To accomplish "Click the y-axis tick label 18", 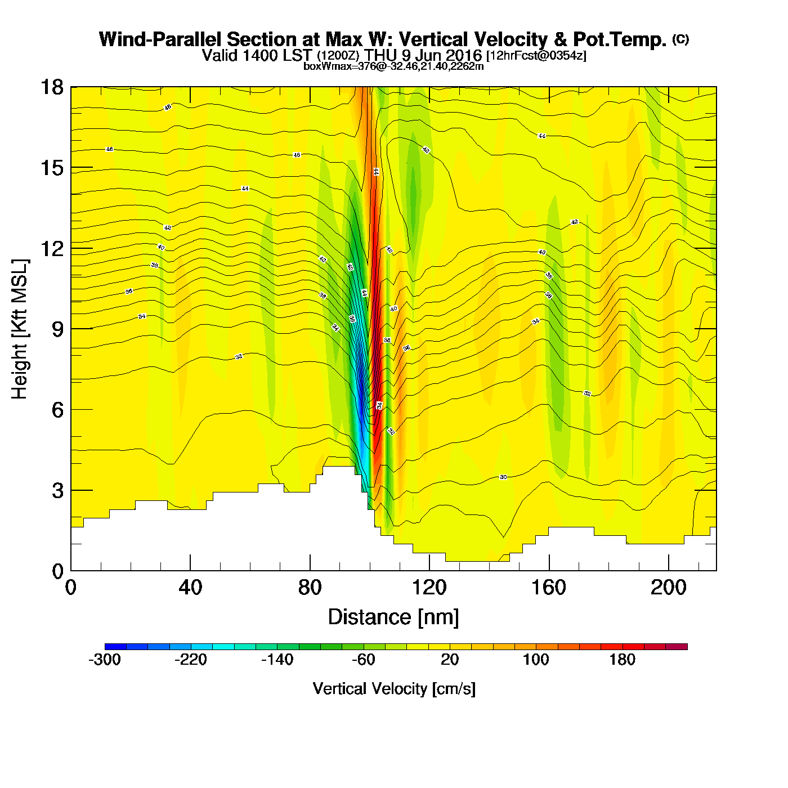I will (x=51, y=87).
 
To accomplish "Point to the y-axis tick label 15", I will (x=51, y=168).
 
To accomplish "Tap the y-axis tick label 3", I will (x=57, y=490).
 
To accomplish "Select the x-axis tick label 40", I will (x=190, y=588).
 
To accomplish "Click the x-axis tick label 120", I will (x=429, y=588).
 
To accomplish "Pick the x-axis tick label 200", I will (x=668, y=588).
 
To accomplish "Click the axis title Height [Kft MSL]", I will (x=20, y=329).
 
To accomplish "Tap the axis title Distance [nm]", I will (x=393, y=617).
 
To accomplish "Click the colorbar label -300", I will (x=105, y=660).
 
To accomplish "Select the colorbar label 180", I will (x=622, y=660).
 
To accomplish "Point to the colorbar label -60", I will (x=363, y=660).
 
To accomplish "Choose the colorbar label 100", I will (x=536, y=660).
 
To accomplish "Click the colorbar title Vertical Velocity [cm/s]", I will (x=394, y=689).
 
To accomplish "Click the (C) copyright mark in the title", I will (x=680, y=39).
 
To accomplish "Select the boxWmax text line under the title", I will (x=393, y=66).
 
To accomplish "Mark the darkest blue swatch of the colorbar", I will (x=115, y=646).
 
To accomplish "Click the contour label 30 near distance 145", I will (x=503, y=477).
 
